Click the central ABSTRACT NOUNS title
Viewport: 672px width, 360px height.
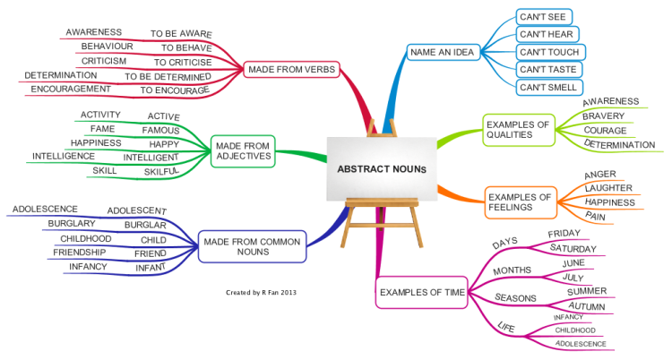point(382,169)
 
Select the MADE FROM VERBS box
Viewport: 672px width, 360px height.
point(291,70)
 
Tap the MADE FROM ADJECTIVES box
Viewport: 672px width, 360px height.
point(243,151)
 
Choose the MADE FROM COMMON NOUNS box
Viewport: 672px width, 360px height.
point(252,247)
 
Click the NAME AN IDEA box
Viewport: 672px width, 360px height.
point(444,52)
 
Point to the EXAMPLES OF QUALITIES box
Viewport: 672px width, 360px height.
point(519,130)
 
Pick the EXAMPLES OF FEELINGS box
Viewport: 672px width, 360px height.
point(521,202)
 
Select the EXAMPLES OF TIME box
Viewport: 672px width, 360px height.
point(422,292)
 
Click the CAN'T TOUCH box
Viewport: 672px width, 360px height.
point(550,52)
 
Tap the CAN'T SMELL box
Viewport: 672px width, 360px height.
point(549,88)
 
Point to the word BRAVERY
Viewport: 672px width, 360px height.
point(603,116)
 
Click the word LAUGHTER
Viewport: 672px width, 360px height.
point(608,188)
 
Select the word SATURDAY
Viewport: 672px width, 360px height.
point(573,249)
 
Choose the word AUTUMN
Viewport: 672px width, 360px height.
point(587,306)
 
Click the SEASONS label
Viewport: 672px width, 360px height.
point(515,298)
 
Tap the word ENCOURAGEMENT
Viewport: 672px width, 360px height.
point(71,90)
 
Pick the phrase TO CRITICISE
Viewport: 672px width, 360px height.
point(183,63)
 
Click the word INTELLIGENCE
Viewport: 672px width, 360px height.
point(64,157)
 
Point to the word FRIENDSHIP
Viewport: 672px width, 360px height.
point(79,253)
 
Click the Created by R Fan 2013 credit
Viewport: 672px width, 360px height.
point(261,293)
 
